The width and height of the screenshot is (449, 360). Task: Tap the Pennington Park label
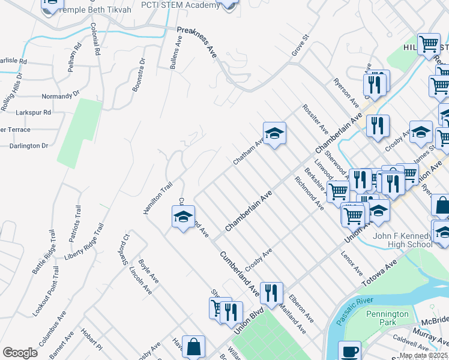tap(387, 318)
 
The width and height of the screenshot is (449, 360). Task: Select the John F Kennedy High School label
tap(402, 240)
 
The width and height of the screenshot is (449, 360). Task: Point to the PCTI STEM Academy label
tap(180, 5)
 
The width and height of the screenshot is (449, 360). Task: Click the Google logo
tap(20, 353)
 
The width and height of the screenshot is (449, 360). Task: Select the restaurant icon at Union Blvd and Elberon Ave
tap(271, 294)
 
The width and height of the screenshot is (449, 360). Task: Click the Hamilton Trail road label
tap(154, 197)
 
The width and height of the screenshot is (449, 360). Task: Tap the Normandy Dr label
tap(60, 96)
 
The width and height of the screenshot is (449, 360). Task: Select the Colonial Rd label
tap(95, 40)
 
